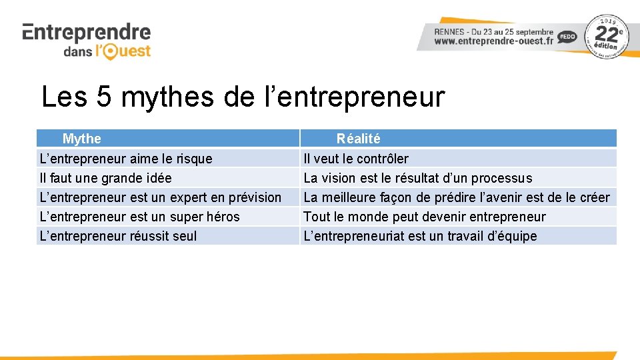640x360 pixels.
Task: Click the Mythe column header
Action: coord(81,139)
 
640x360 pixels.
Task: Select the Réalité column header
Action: coord(358,139)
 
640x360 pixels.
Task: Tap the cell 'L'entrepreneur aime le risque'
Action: coord(126,159)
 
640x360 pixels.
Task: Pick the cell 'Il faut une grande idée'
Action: coord(105,178)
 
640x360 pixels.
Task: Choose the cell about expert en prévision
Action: coord(161,197)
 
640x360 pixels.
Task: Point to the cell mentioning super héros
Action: coord(139,217)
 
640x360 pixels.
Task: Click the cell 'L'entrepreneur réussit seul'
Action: coord(118,236)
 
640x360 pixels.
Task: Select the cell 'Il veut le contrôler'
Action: coord(356,159)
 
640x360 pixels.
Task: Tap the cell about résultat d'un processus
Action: coord(417,178)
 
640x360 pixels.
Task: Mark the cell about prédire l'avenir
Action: coord(456,197)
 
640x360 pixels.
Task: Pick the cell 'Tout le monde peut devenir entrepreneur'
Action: coord(424,217)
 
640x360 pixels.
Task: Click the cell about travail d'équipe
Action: coord(420,236)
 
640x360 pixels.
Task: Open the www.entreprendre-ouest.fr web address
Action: coord(493,41)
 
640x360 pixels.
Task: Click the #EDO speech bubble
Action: coord(567,37)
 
